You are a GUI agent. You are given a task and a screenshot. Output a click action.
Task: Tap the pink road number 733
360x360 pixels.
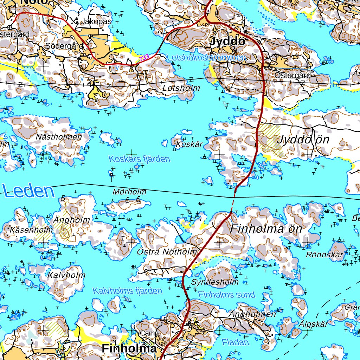(144, 57)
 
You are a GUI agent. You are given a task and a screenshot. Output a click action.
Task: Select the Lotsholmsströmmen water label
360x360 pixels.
(206, 58)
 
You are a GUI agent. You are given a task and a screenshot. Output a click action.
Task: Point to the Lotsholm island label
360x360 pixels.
(181, 88)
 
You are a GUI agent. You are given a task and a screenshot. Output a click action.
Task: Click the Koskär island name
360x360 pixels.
(189, 144)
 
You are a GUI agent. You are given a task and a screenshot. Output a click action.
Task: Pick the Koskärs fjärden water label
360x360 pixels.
(139, 159)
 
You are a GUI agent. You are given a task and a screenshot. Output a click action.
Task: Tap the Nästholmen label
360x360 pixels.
(59, 137)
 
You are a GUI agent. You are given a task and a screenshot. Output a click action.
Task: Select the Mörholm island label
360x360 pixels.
(129, 192)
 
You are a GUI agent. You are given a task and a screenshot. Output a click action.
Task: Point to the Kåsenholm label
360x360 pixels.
(32, 230)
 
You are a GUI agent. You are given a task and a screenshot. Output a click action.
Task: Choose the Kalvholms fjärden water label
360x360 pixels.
(127, 291)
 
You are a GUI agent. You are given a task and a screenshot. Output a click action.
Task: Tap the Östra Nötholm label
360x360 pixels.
(167, 252)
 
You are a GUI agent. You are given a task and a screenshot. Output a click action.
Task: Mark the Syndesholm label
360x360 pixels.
(215, 282)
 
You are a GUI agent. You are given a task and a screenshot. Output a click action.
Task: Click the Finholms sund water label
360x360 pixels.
(226, 295)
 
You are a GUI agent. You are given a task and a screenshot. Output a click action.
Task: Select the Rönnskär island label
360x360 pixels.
(324, 255)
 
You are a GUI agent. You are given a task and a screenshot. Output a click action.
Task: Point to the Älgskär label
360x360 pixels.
(313, 324)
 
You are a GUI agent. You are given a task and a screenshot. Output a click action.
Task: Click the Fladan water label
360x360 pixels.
(235, 342)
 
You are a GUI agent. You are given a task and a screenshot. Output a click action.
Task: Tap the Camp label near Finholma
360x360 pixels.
(149, 333)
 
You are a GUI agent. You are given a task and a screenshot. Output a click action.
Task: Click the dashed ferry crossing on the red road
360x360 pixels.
(233, 201)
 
